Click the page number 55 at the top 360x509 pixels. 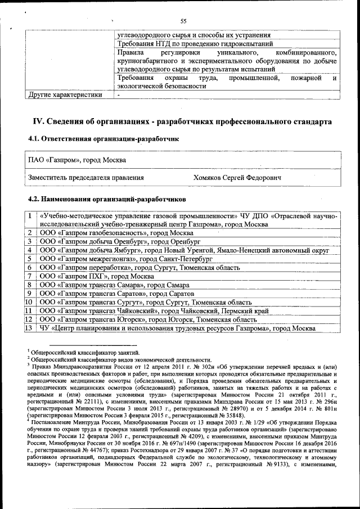pyautogui.click(x=183, y=21)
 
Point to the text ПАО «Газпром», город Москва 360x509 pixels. pyautogui.click(x=77, y=160)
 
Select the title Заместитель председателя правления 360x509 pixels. pyautogui.click(x=86, y=178)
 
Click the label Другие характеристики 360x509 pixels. pyautogui.click(x=65, y=94)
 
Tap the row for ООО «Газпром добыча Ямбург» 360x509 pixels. pyautogui.click(x=186, y=250)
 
